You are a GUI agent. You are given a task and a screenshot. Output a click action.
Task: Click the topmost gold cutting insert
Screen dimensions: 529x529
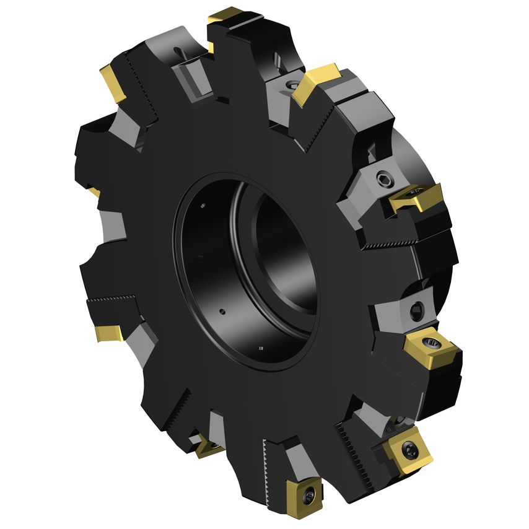point(225,17)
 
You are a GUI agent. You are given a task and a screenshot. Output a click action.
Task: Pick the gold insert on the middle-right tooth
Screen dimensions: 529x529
point(416,196)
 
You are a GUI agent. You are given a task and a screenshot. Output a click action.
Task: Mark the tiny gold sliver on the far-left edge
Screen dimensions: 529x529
point(94,192)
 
